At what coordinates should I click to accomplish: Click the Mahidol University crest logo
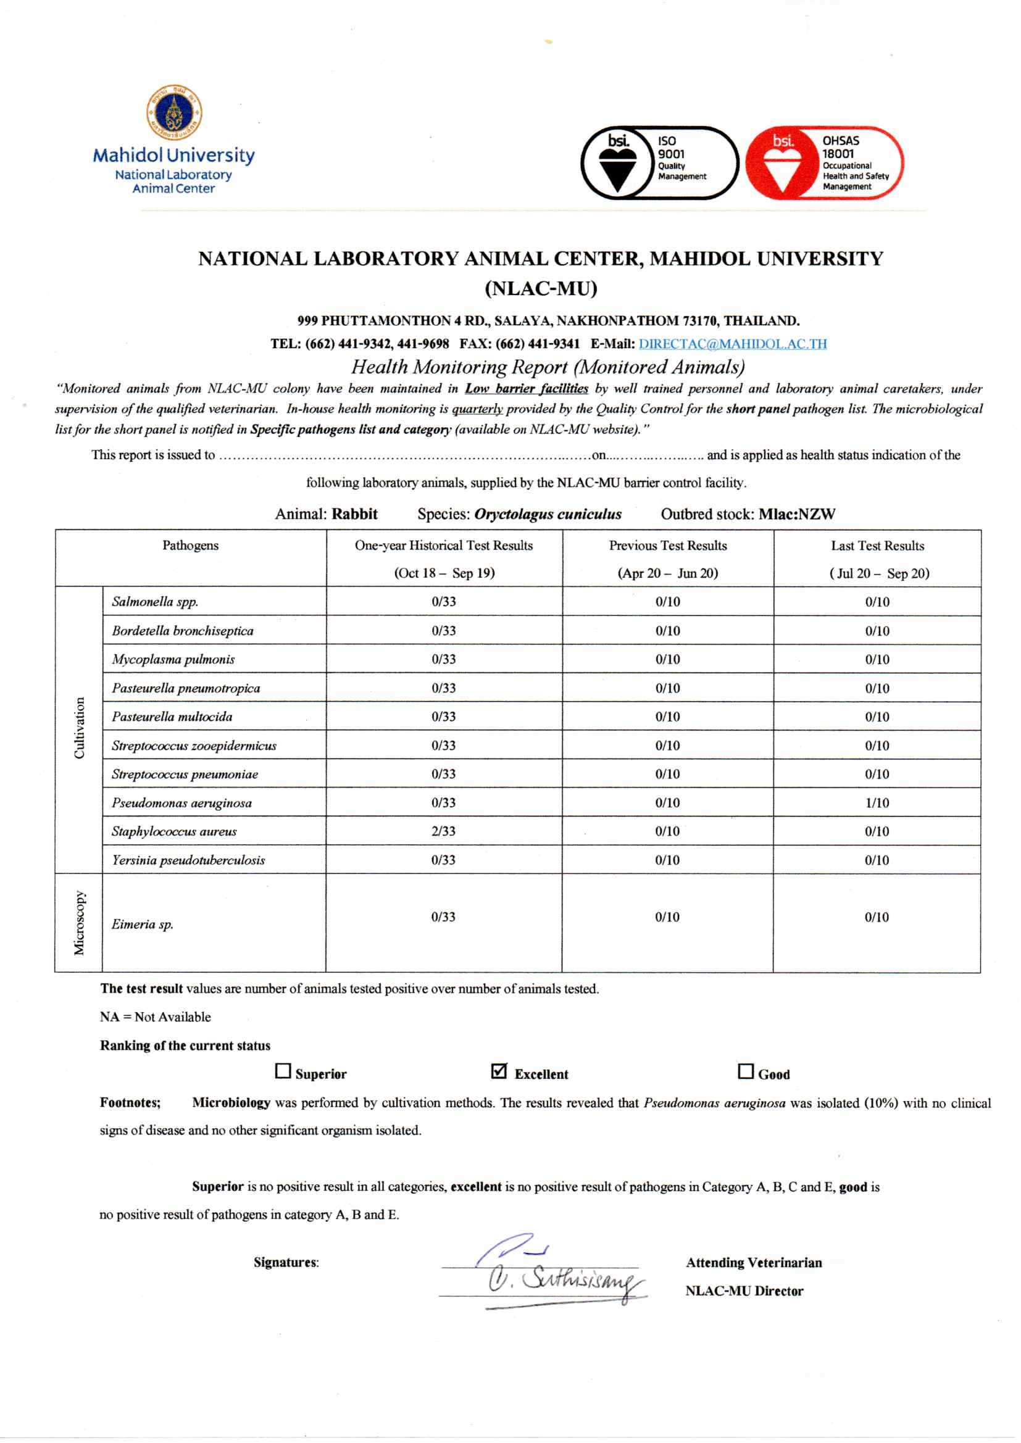(x=174, y=112)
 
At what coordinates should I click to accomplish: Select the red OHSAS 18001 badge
(x=824, y=163)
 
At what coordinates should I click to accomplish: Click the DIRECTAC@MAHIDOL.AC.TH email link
(x=733, y=344)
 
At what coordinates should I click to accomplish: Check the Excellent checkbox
(x=499, y=1071)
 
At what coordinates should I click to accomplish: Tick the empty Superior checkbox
(x=283, y=1071)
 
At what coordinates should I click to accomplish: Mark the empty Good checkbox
(x=746, y=1071)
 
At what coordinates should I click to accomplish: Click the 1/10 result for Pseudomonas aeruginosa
(x=877, y=802)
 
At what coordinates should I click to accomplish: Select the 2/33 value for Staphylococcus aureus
(x=443, y=831)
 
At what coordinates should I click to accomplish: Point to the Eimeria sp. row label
(x=143, y=924)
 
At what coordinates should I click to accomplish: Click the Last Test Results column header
(x=878, y=546)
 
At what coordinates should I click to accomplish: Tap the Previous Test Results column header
(x=668, y=546)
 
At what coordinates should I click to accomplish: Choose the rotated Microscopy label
(x=79, y=923)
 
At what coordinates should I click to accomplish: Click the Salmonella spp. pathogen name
(x=155, y=602)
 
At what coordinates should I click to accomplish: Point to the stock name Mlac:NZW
(x=796, y=514)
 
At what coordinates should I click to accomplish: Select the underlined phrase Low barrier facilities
(x=526, y=388)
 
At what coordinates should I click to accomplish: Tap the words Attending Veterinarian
(x=754, y=1263)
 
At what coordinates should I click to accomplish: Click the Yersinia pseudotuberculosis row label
(x=189, y=860)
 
